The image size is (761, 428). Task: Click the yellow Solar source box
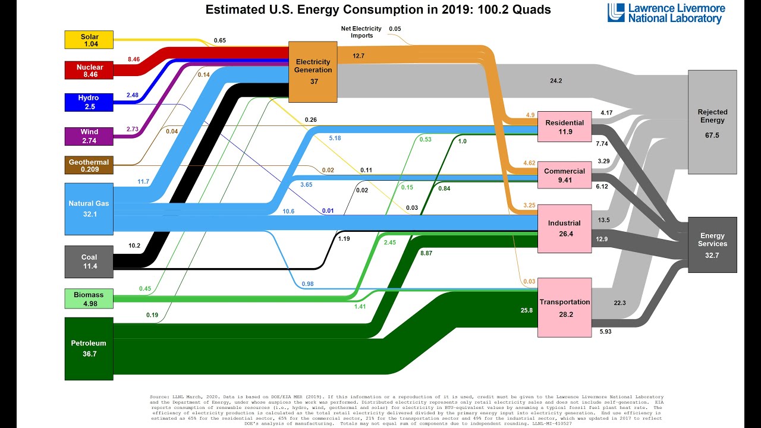coord(89,40)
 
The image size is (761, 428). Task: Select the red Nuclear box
coord(89,71)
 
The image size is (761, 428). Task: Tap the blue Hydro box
coord(89,102)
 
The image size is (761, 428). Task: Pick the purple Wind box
coord(89,136)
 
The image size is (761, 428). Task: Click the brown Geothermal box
coord(89,165)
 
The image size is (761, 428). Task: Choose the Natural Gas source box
coord(89,208)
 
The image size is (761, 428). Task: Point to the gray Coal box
coord(89,262)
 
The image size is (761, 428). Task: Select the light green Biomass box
coord(89,298)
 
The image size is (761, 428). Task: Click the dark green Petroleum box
coord(89,348)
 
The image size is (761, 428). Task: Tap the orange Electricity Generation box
coord(313,71)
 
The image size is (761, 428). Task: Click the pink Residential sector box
coord(565,127)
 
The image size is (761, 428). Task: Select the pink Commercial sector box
coord(565,175)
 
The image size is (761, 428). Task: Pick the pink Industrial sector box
coord(565,228)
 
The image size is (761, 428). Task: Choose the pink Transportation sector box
coord(565,307)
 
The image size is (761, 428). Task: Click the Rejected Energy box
coord(712,122)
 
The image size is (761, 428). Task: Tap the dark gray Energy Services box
coord(712,246)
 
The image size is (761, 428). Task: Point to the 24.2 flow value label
coord(556,80)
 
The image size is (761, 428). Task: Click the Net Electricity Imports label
coord(357,32)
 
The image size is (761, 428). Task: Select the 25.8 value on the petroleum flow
coord(527,310)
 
